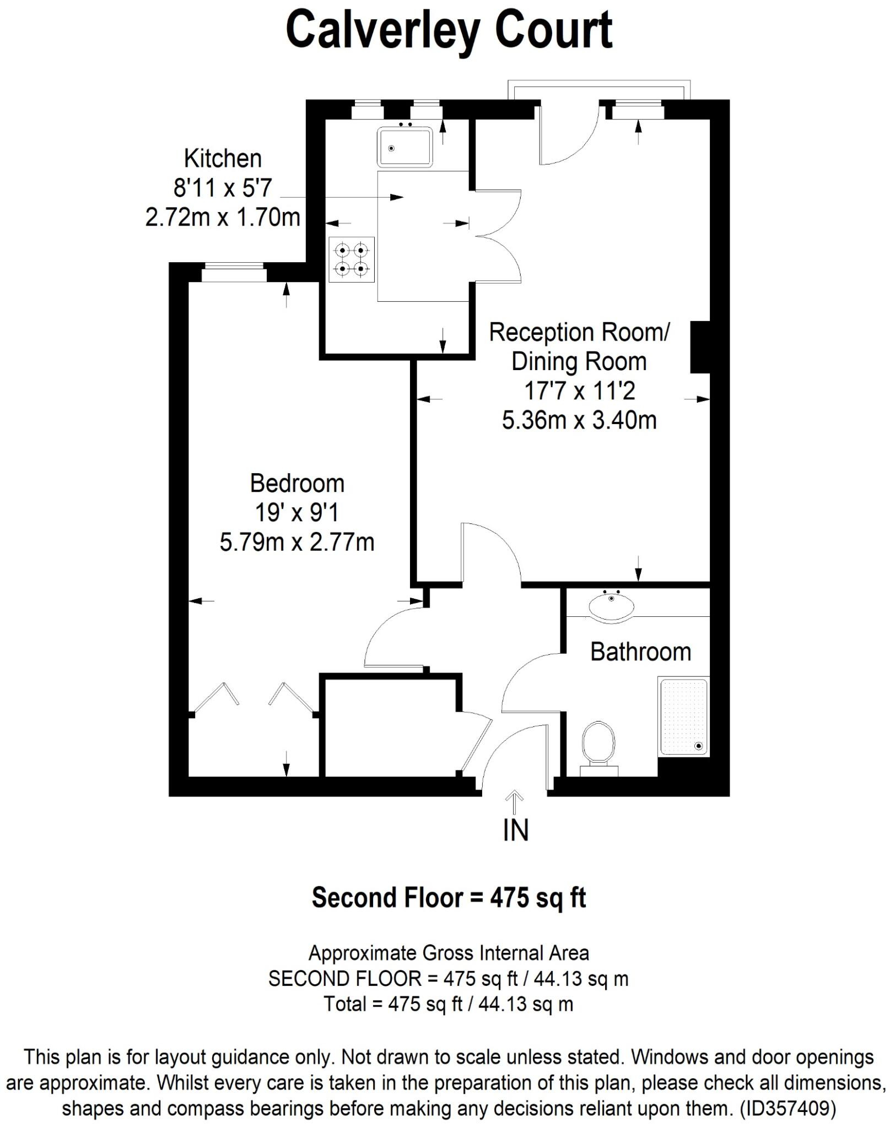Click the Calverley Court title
point(449,30)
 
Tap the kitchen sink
point(404,147)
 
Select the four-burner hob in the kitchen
point(352,259)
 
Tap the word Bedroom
point(297,484)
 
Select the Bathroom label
point(640,652)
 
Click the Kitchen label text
point(223,159)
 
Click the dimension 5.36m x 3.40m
point(579,421)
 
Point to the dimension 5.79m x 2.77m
point(297,543)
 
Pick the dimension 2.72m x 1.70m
point(223,217)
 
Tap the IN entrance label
point(515,831)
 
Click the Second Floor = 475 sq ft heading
point(449,897)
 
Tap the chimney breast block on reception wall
point(700,347)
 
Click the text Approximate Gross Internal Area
point(449,952)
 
